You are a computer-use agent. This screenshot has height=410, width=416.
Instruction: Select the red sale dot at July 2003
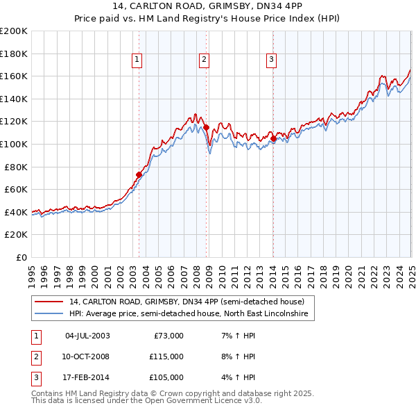coord(139,175)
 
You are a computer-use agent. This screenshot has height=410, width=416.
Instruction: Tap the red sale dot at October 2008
coord(207,127)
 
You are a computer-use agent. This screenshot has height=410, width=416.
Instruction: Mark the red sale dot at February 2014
coord(273,139)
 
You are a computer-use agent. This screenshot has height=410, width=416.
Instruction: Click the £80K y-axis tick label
coord(16,167)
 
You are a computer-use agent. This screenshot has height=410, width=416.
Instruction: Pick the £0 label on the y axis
coord(21,257)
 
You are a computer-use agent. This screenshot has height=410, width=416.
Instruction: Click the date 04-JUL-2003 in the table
coord(87,336)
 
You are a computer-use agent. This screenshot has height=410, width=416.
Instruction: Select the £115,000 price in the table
coord(166,356)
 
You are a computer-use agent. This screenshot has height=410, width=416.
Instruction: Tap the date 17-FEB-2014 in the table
coord(87,377)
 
